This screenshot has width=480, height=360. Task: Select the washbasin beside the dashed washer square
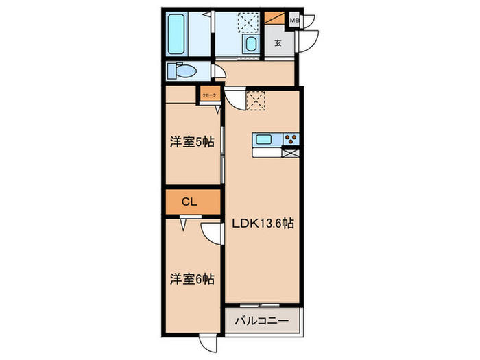coord(250,45)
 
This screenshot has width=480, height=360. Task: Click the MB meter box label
coord(294,20)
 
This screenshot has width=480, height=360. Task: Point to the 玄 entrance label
coord(278,43)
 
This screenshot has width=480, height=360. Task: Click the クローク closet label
coord(209,95)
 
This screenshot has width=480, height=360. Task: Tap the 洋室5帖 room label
coord(192,142)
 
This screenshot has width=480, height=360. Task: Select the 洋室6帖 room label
coord(192,279)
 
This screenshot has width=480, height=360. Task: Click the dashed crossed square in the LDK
coord(256,102)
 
